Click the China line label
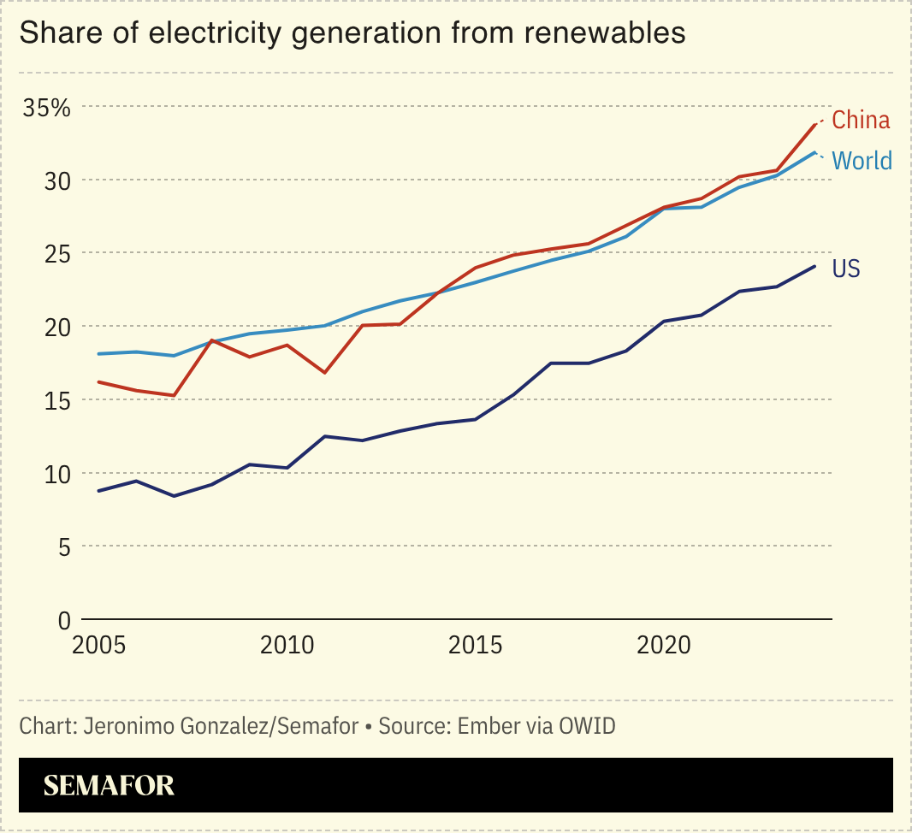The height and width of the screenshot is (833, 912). (x=861, y=121)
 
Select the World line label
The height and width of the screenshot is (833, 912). (x=862, y=161)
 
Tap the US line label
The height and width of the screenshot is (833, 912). (x=846, y=269)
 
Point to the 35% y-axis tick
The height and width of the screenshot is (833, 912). (x=47, y=108)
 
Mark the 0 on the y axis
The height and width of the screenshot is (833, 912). (x=64, y=619)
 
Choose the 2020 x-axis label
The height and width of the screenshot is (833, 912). (x=666, y=645)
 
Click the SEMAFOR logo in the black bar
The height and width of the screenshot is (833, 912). (x=109, y=785)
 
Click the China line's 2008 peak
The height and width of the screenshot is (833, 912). (x=210, y=340)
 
